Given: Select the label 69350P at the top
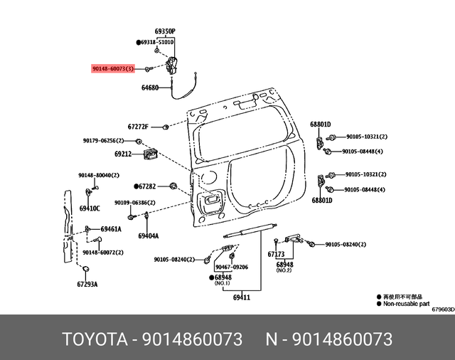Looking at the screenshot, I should (165, 31).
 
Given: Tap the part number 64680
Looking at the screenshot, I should (151, 88).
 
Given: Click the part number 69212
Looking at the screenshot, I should (123, 153).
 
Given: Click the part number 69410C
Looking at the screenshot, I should (90, 208).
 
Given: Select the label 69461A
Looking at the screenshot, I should (110, 229).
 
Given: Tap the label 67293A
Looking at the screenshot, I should (87, 284).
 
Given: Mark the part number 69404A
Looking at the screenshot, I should (148, 235).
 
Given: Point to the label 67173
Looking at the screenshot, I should (276, 254).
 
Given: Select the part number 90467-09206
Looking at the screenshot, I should (232, 267).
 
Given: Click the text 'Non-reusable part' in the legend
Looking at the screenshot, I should (407, 302).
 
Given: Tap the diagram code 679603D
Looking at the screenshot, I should (440, 309).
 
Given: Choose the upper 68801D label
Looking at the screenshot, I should (321, 124).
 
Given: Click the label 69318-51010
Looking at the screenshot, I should (157, 43).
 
